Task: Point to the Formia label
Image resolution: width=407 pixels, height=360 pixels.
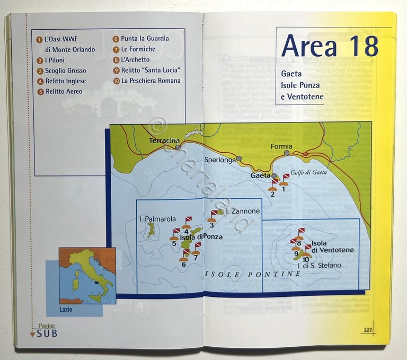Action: [281, 146]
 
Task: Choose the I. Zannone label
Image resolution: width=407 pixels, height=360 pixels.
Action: [243, 211]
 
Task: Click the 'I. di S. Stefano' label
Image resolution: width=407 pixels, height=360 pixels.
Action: [319, 265]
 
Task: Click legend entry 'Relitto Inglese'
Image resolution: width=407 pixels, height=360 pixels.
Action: [65, 81]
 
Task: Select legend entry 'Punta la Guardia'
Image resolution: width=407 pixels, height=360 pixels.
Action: [145, 39]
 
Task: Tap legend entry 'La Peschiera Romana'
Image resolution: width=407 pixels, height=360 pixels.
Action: [151, 81]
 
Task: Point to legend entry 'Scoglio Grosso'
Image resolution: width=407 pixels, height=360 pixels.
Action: [65, 71]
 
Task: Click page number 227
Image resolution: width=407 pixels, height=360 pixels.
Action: [367, 330]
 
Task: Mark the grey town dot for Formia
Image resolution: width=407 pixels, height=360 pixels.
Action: [287, 153]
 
